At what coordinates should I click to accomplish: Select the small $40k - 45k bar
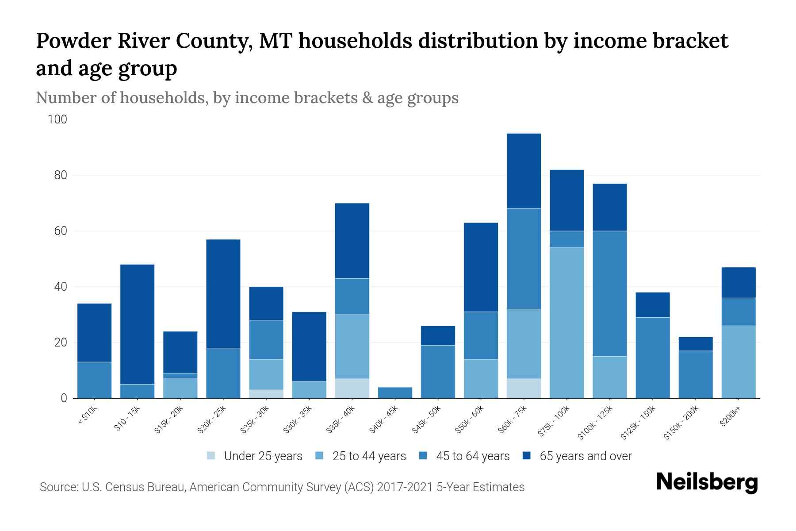[395, 392]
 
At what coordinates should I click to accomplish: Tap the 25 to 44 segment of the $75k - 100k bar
[566, 323]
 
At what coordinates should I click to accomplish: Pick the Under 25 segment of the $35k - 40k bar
[352, 388]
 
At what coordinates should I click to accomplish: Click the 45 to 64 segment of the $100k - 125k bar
[609, 293]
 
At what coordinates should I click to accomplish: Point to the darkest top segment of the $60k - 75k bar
[524, 171]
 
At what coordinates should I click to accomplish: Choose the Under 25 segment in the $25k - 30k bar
[266, 394]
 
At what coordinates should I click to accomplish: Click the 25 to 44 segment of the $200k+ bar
[738, 362]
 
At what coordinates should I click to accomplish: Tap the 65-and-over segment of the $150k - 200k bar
[695, 344]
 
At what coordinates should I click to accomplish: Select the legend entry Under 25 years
[263, 456]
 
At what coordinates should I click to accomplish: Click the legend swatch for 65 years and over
[527, 456]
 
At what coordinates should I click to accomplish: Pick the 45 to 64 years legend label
[472, 456]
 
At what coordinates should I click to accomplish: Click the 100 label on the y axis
[57, 119]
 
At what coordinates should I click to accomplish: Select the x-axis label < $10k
[88, 416]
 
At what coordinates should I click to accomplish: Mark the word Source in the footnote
[58, 487]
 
